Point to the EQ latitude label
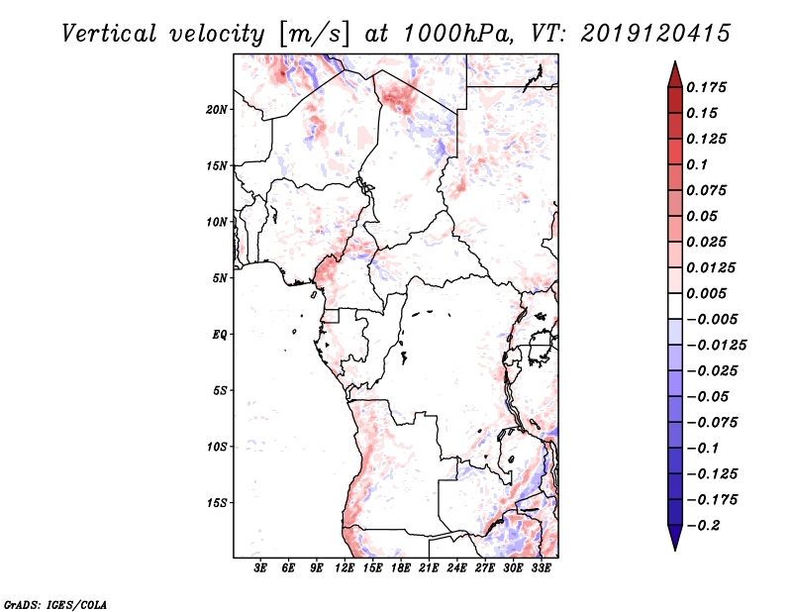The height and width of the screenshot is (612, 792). (220, 335)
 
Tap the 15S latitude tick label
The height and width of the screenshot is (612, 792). (217, 503)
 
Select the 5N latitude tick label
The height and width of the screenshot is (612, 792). (220, 278)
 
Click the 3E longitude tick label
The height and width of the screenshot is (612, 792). (261, 568)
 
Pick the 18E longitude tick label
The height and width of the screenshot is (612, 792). (401, 568)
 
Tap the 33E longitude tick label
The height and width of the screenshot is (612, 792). (542, 568)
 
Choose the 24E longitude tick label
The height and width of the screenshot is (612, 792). (457, 568)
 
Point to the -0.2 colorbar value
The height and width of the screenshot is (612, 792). (705, 525)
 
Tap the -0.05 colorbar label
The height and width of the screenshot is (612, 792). (709, 396)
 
